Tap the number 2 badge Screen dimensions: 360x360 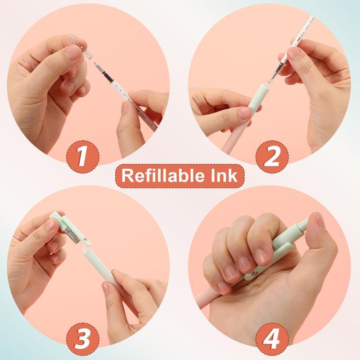272,156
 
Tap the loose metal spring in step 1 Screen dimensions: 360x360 81,47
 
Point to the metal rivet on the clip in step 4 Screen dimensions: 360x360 255,273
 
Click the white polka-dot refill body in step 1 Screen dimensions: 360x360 130,99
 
